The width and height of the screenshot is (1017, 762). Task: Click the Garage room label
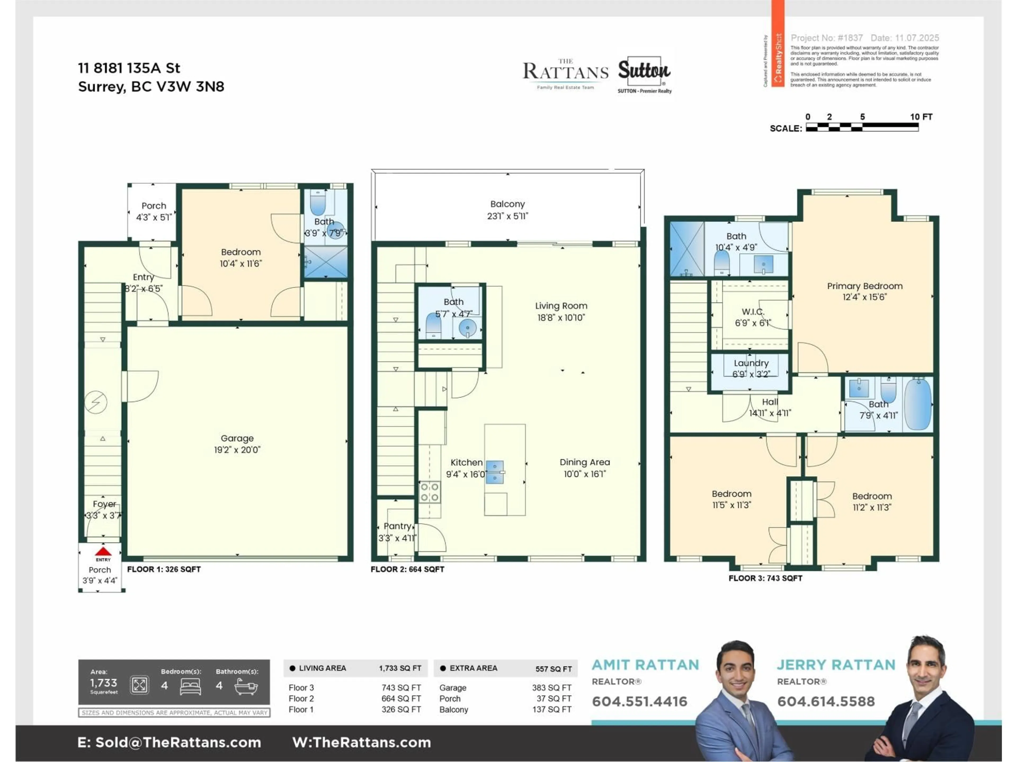coord(237,438)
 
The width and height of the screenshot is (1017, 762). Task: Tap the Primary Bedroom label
coord(864,286)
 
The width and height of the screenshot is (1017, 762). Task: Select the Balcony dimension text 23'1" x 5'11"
coord(508,216)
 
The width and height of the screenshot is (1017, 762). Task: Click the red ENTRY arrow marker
coord(103,552)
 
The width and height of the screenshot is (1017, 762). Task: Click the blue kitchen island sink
coord(495,472)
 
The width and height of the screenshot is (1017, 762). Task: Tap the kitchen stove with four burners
coord(429,492)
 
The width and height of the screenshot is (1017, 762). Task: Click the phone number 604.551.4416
coord(639,701)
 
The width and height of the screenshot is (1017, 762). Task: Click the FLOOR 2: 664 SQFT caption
coord(407,569)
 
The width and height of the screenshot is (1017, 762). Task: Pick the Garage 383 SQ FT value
coord(551,688)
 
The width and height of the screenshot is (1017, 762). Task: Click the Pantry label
coord(397,526)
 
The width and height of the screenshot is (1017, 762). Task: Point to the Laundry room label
coord(751,363)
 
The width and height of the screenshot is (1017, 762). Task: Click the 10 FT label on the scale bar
coord(921,117)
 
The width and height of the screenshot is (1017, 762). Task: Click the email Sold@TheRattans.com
coord(178,742)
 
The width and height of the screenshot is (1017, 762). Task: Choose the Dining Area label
coord(584,462)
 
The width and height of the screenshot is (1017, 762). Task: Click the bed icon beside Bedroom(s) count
coord(190,686)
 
